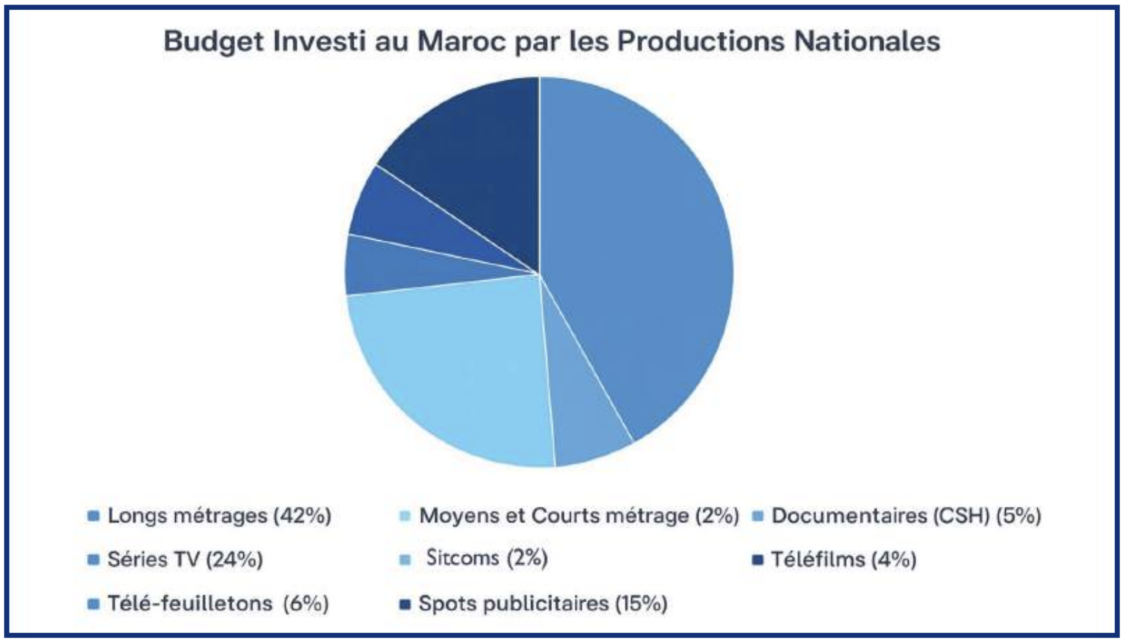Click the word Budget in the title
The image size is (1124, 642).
[x=214, y=42]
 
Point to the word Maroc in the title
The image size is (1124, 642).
[x=461, y=42]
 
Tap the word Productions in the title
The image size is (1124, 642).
[x=700, y=42]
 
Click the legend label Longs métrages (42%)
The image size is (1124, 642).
[x=219, y=516]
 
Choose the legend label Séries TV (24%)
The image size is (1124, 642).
[x=185, y=560]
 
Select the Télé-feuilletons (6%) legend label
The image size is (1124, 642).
[x=218, y=604]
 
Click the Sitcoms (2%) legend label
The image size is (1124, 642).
[x=487, y=558]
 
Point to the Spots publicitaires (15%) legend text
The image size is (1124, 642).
[x=543, y=604]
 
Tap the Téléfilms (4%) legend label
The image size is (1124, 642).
[x=843, y=560]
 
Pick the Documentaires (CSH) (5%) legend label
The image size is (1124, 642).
[x=906, y=516]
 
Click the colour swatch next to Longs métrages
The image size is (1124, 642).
[x=94, y=516]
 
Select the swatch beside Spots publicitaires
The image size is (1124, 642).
[x=405, y=604]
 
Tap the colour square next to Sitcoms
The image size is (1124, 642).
[x=405, y=560]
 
